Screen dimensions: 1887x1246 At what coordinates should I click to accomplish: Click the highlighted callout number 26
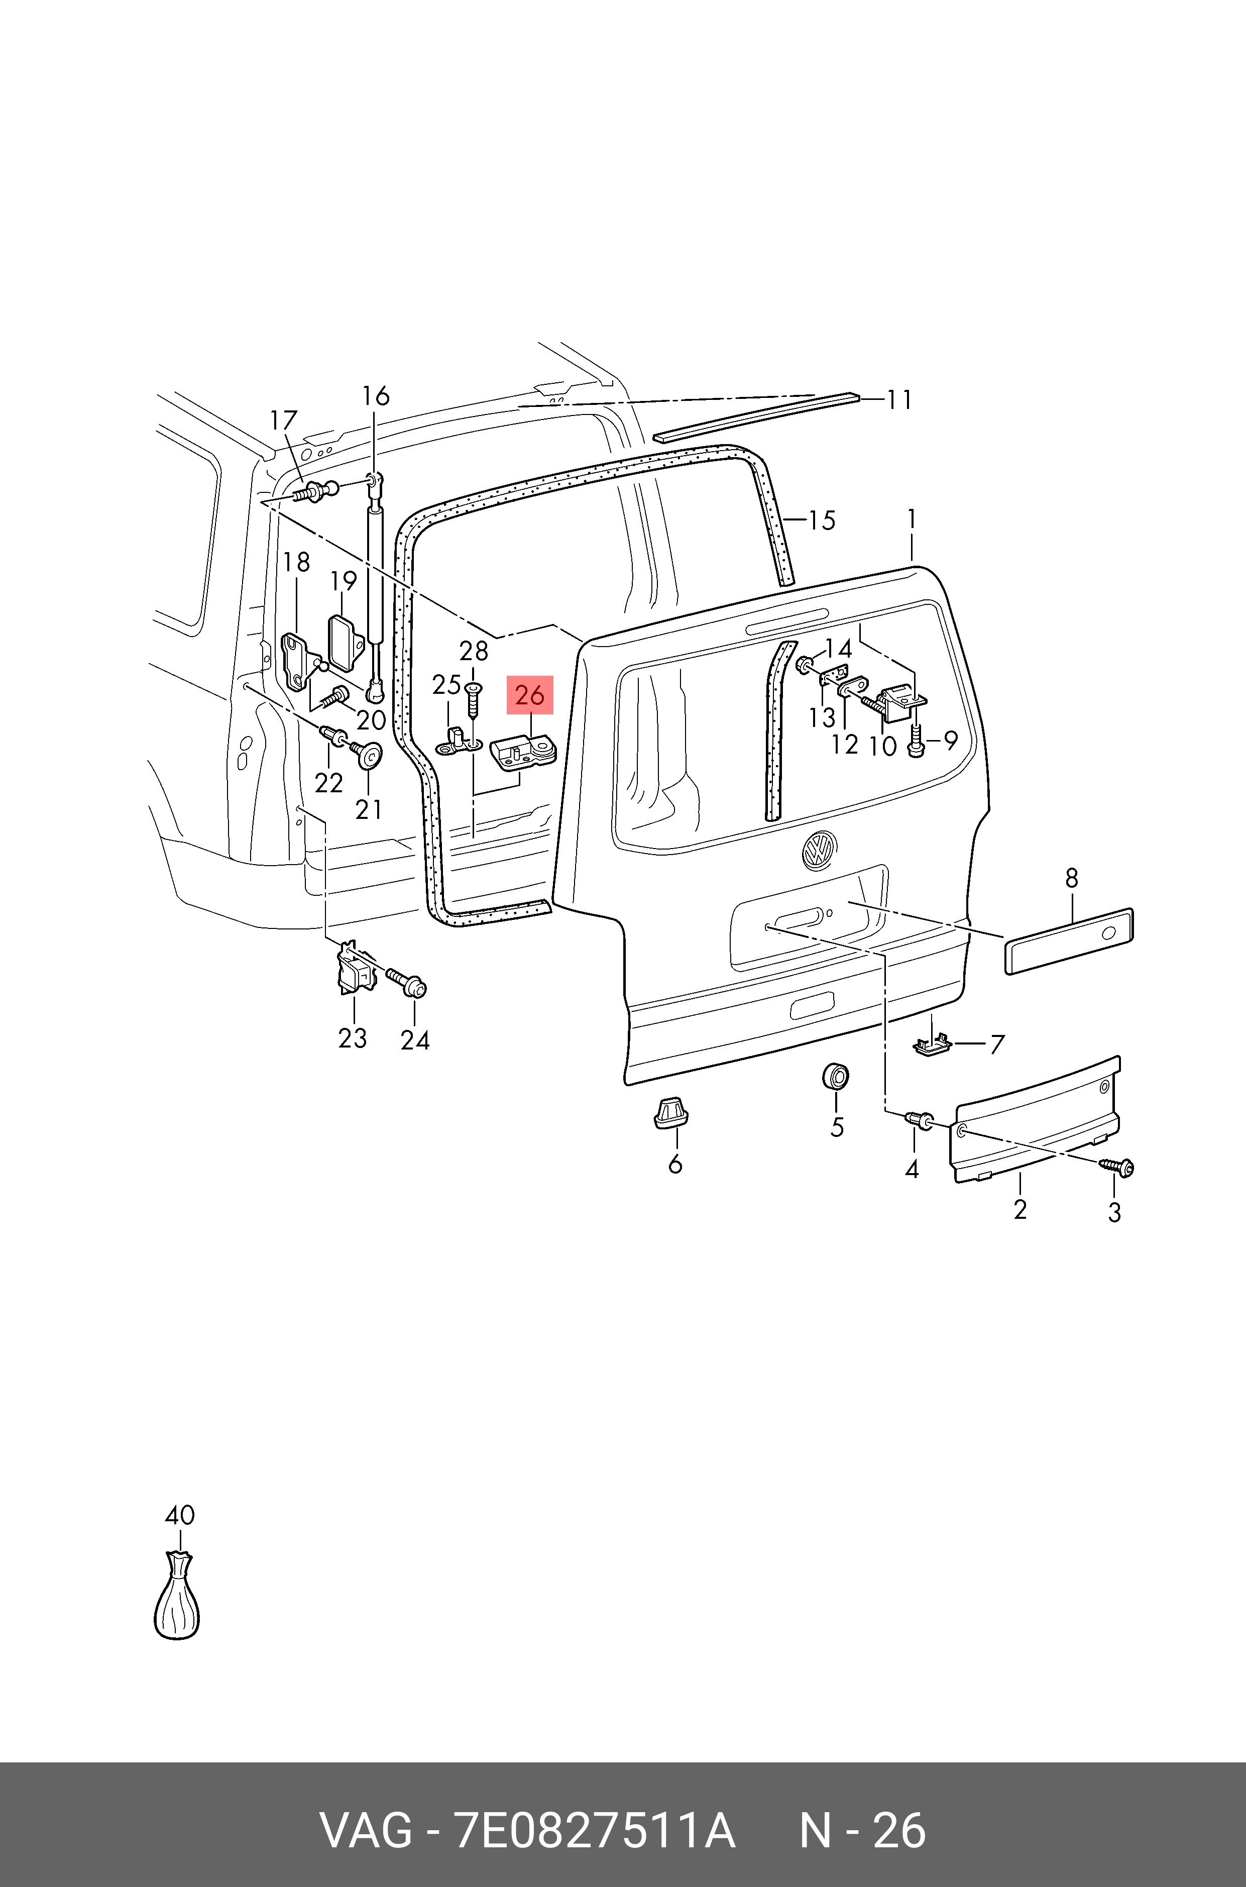529,695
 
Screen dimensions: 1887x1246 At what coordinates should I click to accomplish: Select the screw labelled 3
1119,1167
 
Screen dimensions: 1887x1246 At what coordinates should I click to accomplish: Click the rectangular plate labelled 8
1069,940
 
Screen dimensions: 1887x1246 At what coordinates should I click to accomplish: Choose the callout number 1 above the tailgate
912,520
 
